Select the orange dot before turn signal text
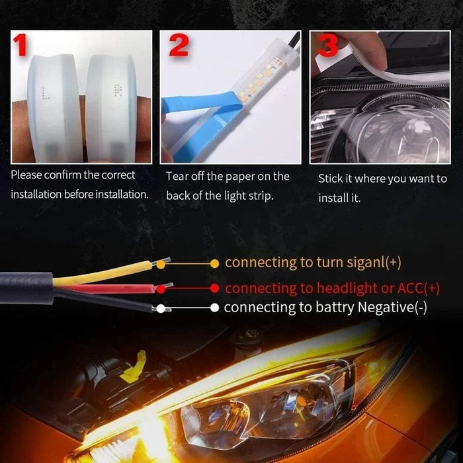pyautogui.click(x=214, y=263)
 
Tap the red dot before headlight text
pyautogui.click(x=214, y=288)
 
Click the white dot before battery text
pyautogui.click(x=214, y=308)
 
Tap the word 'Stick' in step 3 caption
pyautogui.click(x=331, y=179)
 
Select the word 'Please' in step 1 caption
pyautogui.click(x=27, y=175)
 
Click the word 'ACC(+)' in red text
pyautogui.click(x=417, y=288)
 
